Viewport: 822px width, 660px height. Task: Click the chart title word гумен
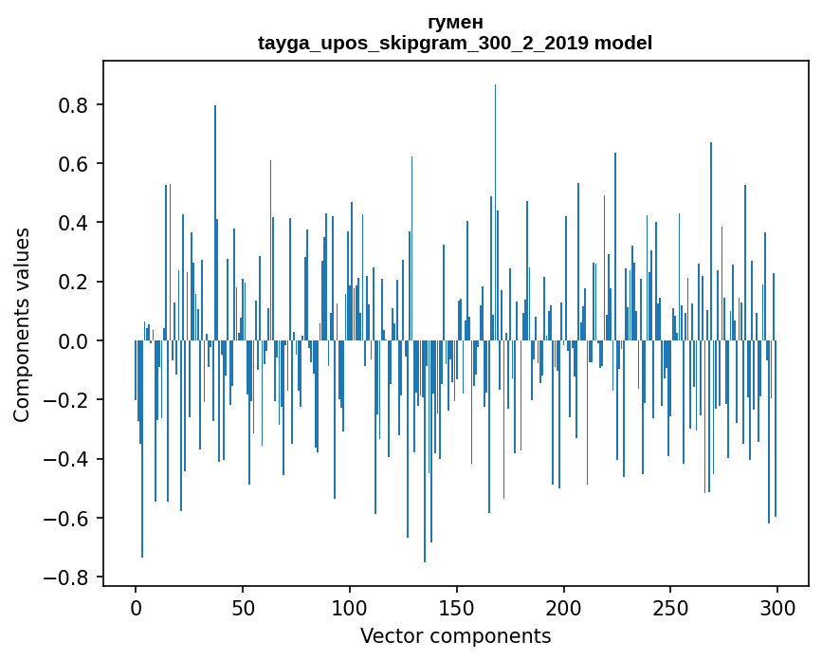click(455, 23)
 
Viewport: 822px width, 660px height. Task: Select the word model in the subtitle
click(624, 44)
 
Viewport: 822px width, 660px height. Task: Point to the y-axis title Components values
click(22, 324)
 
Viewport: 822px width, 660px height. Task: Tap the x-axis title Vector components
click(455, 635)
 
